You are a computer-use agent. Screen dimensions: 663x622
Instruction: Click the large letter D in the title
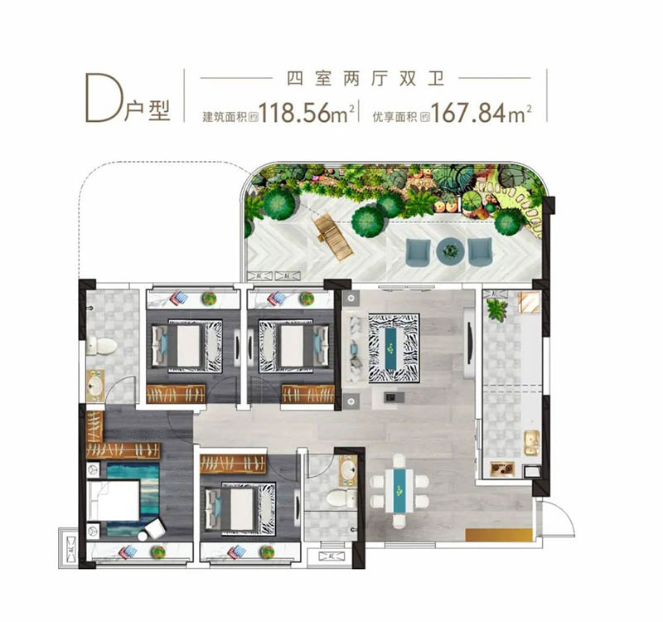click(100, 97)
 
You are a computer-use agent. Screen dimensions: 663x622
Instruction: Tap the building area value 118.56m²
click(306, 113)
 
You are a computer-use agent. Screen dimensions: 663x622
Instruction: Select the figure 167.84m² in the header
click(481, 113)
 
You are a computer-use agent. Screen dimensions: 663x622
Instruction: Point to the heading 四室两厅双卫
click(365, 79)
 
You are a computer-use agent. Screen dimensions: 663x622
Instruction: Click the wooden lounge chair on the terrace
click(333, 238)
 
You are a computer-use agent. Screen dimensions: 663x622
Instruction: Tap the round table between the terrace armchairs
click(450, 251)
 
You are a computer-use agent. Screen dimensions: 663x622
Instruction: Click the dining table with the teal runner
click(399, 490)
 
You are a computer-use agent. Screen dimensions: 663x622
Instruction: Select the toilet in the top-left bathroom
click(102, 346)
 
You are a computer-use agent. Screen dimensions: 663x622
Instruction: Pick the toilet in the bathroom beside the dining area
click(341, 498)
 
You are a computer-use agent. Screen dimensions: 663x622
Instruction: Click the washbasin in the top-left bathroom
click(95, 386)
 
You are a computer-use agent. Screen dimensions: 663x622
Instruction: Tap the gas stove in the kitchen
click(502, 469)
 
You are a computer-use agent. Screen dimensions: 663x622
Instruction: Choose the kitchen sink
click(532, 443)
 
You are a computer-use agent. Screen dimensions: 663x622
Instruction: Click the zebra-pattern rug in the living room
click(394, 348)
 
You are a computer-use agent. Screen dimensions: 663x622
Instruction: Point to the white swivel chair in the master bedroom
click(152, 530)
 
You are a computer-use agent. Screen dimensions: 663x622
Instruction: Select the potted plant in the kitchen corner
click(496, 309)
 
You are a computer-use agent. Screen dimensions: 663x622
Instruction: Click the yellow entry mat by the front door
click(499, 534)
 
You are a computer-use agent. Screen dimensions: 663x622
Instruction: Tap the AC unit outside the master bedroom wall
click(70, 549)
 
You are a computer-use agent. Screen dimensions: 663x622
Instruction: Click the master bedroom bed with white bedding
click(114, 500)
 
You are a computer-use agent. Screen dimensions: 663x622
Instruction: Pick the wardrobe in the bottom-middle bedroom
click(233, 464)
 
